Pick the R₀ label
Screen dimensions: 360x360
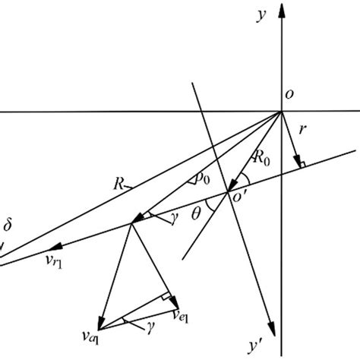click(261, 160)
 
